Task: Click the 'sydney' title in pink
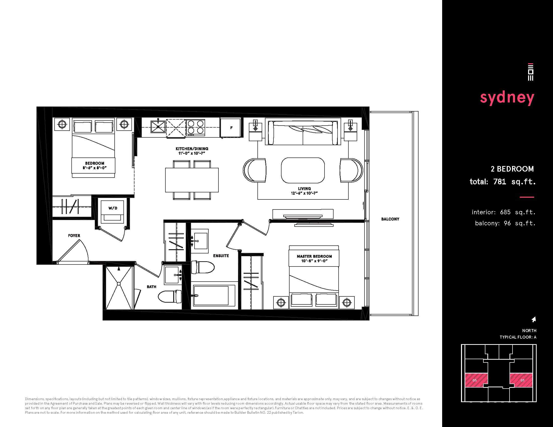tap(507, 98)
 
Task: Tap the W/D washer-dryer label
tap(113, 208)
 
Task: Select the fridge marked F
tap(230, 128)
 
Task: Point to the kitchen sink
tap(158, 127)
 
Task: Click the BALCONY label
tap(390, 219)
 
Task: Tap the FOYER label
tap(74, 236)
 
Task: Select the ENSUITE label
tap(221, 256)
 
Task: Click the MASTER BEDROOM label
tap(314, 256)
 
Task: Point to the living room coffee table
tap(303, 171)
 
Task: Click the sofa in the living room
tap(303, 133)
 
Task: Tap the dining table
tap(192, 180)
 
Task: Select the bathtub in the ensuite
tap(214, 295)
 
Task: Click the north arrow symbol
tap(534, 319)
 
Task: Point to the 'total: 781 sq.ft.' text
tap(503, 182)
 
